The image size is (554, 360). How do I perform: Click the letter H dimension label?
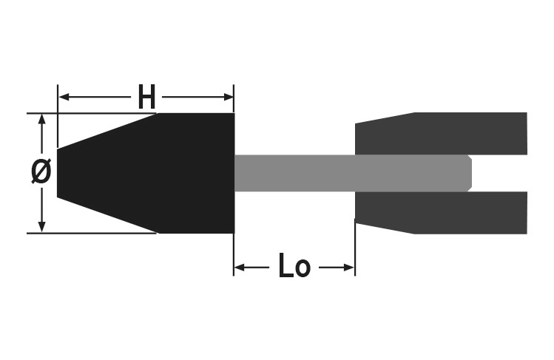tap(146, 97)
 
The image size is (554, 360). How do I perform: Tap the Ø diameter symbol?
tap(41, 171)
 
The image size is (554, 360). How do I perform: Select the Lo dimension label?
tap(294, 267)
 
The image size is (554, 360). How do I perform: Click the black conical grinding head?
tap(170, 173)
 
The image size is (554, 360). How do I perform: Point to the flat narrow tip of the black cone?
tap(58, 173)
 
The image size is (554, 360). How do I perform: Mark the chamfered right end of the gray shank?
tap(469, 173)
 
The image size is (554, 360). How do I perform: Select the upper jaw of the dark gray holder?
tap(444, 134)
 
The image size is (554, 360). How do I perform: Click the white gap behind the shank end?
tap(499, 173)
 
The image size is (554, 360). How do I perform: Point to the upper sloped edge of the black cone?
tap(107, 131)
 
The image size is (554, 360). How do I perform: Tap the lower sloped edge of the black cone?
tap(107, 215)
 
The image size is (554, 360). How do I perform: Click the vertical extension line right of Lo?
tap(355, 251)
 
